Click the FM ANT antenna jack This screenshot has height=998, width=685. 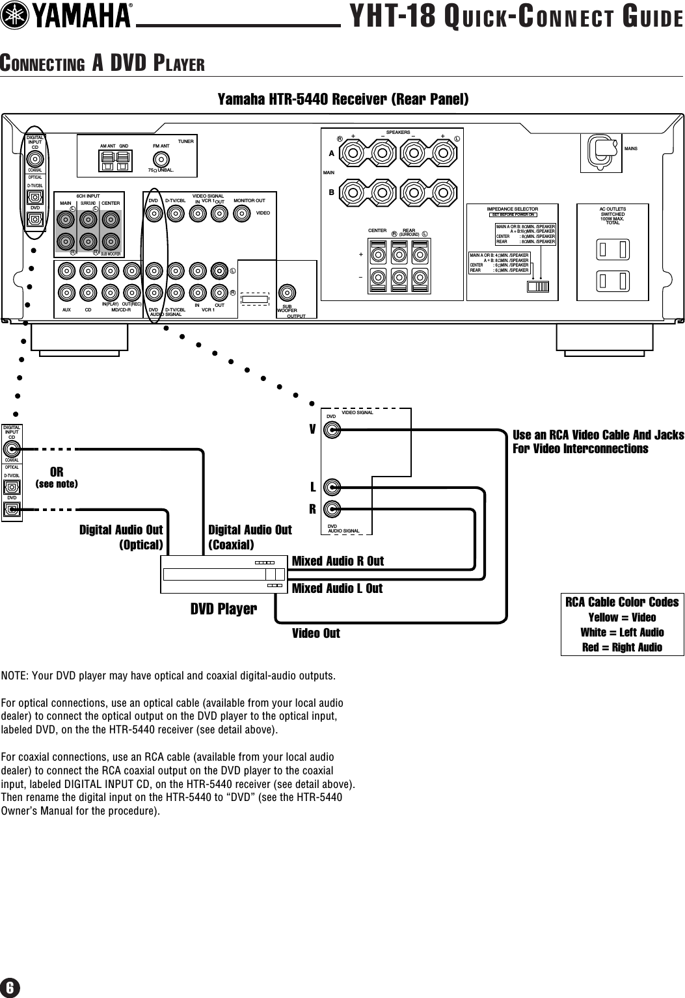pos(160,160)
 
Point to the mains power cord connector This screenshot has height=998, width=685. pos(602,151)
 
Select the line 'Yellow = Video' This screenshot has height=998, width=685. pos(622,618)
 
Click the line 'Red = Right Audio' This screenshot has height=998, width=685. pos(622,647)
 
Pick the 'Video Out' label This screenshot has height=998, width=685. pos(316,633)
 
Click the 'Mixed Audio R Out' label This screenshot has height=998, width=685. pos(338,560)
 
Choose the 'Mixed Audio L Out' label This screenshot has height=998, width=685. pos(337,588)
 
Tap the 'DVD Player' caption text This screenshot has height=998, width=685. pos(223,609)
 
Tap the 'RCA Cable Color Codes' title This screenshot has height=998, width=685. pos(622,602)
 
